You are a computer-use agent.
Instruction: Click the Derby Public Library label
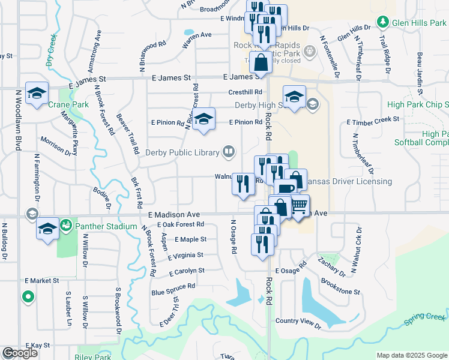(181, 152)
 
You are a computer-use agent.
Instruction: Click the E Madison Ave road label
(174, 215)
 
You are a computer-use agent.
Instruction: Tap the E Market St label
(42, 280)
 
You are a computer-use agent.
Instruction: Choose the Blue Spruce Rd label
(173, 286)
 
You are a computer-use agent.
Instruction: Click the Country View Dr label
(298, 321)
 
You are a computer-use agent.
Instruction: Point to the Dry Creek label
(52, 45)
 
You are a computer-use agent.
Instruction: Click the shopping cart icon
(298, 206)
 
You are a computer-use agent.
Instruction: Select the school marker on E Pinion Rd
(203, 118)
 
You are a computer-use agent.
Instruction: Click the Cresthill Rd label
(246, 92)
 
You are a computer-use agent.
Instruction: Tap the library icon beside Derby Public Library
(228, 152)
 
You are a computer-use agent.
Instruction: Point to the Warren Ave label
(197, 35)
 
